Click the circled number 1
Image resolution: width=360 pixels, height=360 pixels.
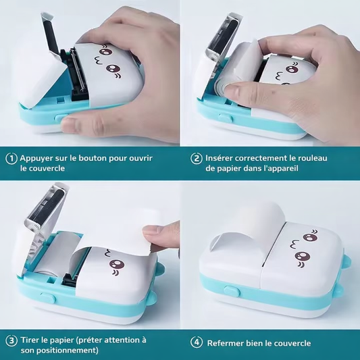[11, 158]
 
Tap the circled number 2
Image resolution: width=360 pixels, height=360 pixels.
[197, 158]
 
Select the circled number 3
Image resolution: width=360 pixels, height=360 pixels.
[11, 340]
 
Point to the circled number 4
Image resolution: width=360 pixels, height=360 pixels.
[197, 342]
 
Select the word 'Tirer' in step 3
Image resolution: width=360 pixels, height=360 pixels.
[32, 340]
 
